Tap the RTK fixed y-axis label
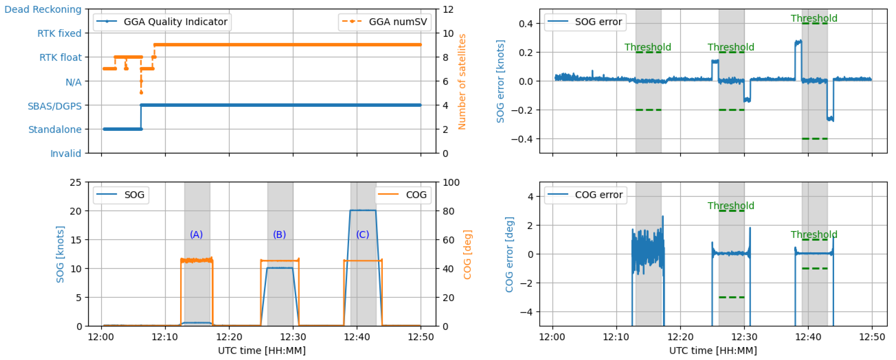59,33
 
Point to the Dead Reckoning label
43,9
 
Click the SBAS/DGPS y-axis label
55,106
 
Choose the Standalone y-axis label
55,130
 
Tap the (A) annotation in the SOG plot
196,234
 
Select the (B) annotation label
279,234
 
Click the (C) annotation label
362,234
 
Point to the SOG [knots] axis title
60,254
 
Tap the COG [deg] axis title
467,254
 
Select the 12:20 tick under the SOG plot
229,337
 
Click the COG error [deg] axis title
509,254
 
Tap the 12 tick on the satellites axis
448,10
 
